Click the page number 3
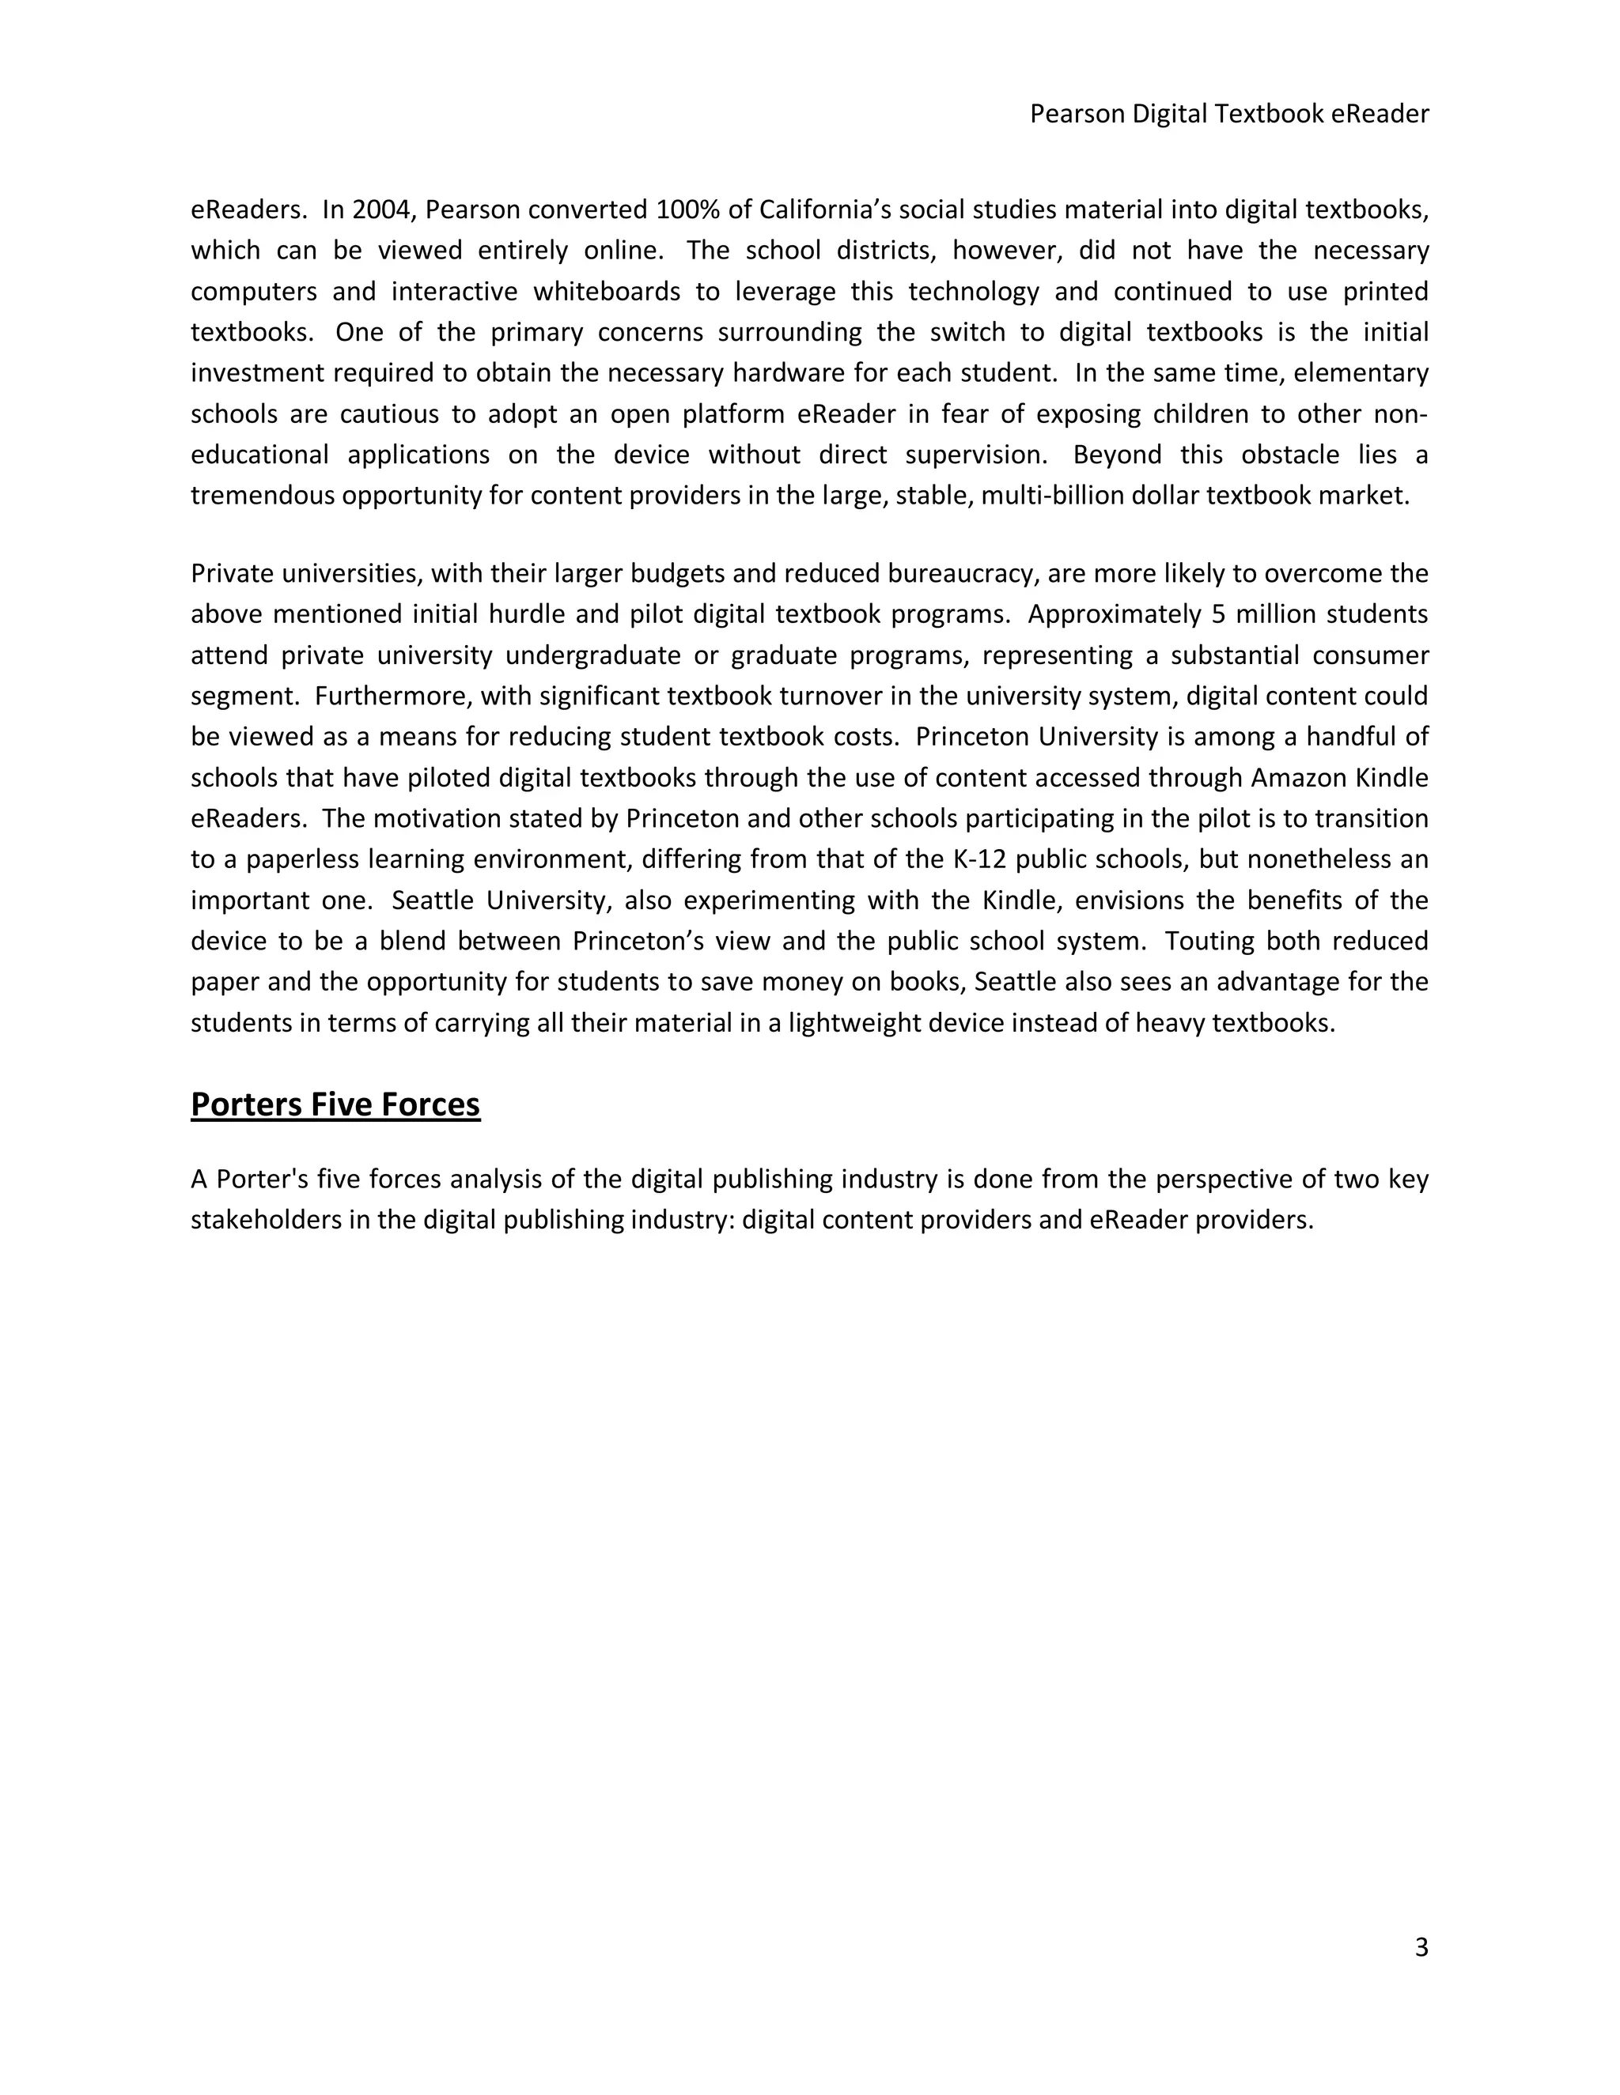tap(1421, 1947)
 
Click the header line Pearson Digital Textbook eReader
tap(1228, 114)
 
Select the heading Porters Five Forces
tap(335, 1104)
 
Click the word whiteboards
tap(607, 291)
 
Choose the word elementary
tap(1361, 372)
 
